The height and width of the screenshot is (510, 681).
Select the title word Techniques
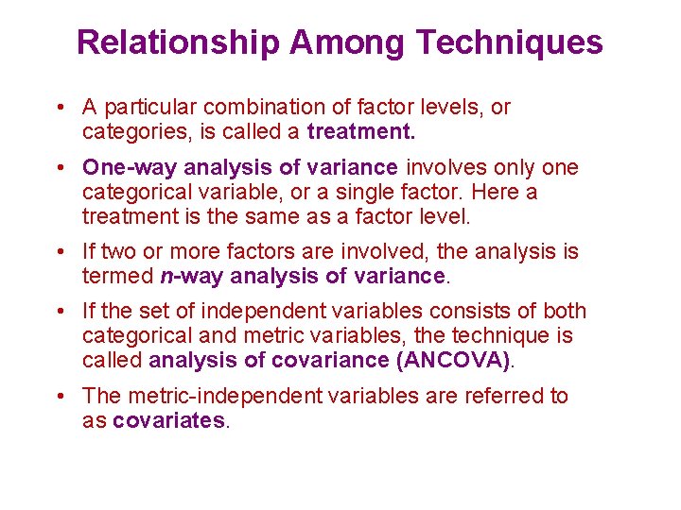point(509,42)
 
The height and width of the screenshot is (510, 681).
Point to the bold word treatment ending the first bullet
point(361,131)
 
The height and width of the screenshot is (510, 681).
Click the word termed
point(116,276)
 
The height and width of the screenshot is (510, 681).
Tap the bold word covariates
point(169,421)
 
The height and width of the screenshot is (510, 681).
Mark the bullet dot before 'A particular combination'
point(59,108)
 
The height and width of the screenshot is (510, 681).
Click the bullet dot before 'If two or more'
point(59,252)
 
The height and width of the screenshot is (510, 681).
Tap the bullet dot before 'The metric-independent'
point(59,397)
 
